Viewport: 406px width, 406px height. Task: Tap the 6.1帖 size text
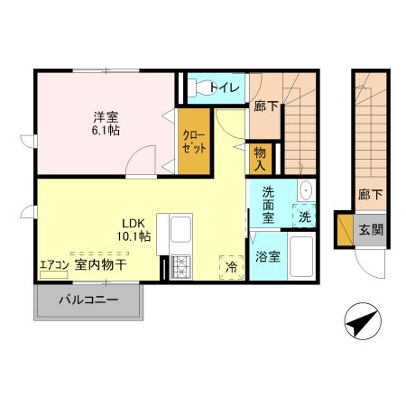(106, 131)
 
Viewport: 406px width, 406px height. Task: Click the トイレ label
(226, 88)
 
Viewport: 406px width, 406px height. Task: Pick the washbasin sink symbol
(304, 190)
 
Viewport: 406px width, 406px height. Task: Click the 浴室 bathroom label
(267, 257)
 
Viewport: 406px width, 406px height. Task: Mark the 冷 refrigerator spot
(231, 266)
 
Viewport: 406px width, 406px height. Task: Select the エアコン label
(53, 265)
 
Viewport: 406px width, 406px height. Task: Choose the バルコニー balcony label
(88, 300)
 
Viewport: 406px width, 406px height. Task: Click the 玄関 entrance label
(371, 229)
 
